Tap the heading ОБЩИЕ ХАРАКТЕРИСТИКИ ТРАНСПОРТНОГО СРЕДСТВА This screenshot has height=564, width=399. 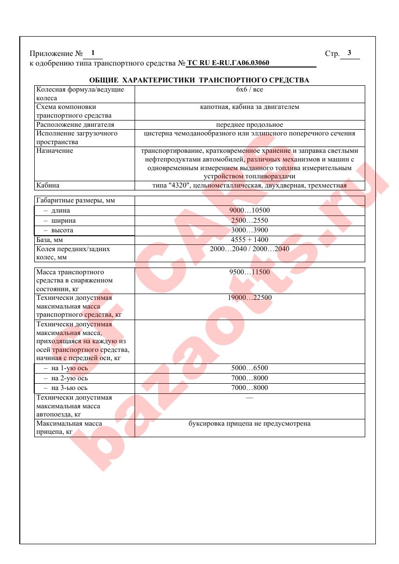click(199, 80)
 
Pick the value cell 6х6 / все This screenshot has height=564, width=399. click(249, 90)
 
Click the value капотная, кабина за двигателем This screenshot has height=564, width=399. click(249, 107)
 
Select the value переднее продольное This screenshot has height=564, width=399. click(249, 125)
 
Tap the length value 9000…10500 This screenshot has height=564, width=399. click(249, 211)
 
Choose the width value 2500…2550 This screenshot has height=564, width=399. click(249, 221)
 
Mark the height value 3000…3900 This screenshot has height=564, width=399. click(249, 230)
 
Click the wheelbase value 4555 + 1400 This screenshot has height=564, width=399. click(249, 240)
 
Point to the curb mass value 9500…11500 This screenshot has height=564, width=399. click(249, 272)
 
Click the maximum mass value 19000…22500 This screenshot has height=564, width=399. click(249, 298)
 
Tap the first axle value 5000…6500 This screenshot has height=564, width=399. click(249, 368)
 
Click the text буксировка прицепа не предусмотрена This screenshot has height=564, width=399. click(249, 424)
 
